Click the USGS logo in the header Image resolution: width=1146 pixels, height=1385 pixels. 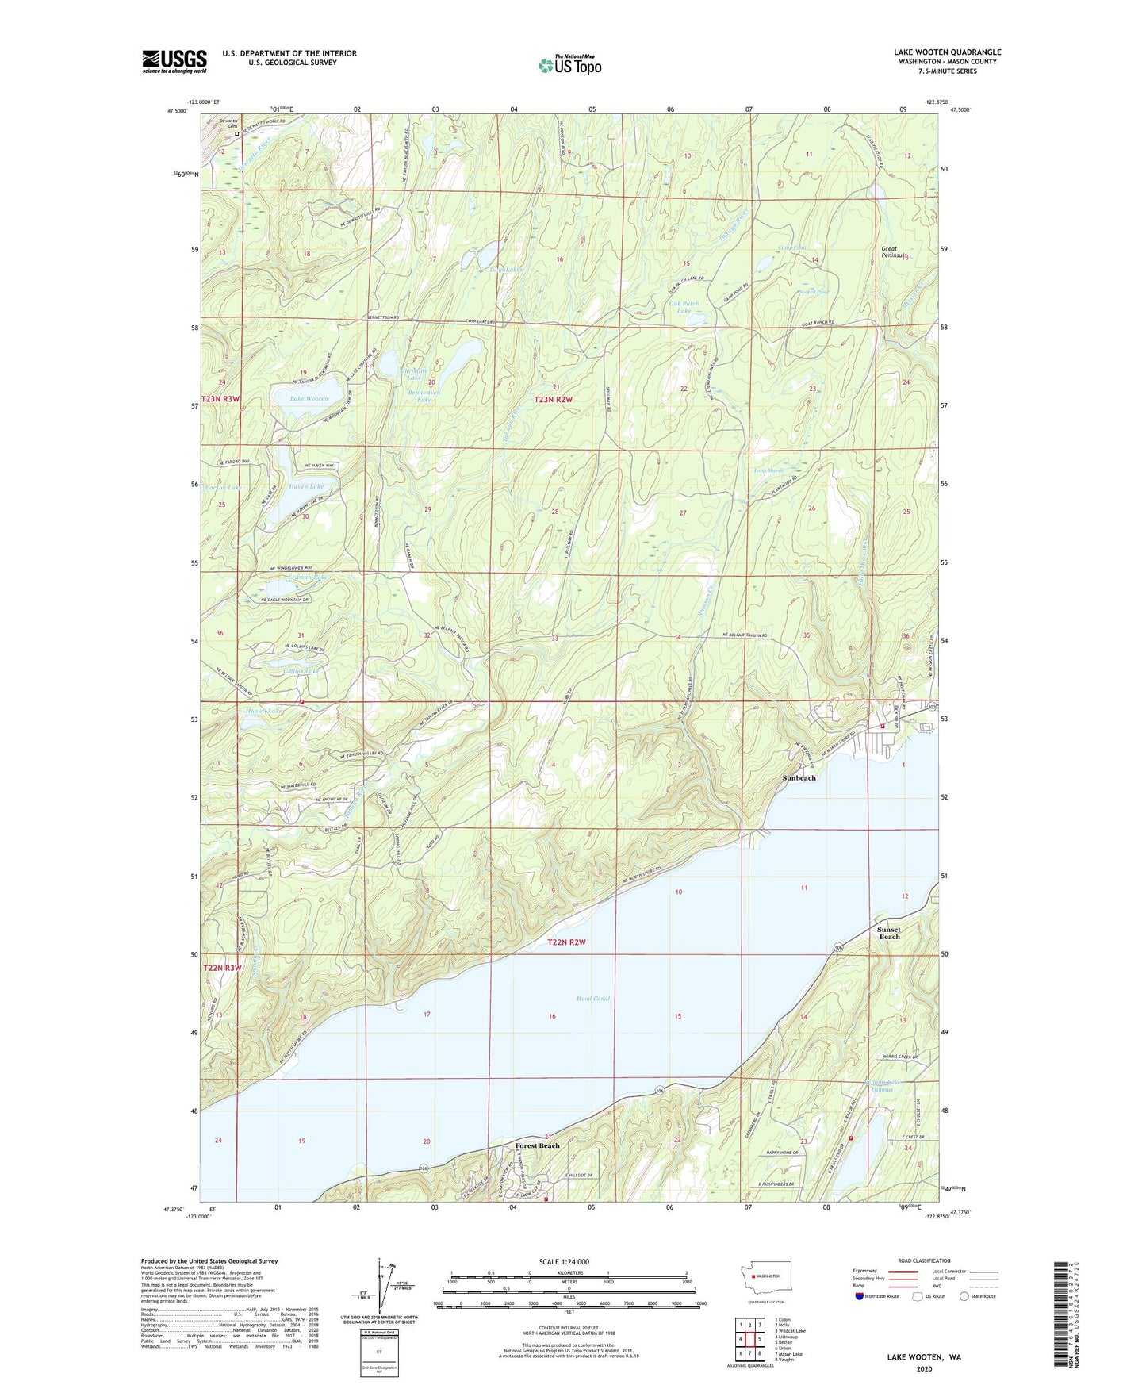click(174, 61)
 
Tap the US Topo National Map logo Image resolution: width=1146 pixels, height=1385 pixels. click(569, 64)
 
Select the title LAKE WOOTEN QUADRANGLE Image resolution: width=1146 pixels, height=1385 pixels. click(947, 52)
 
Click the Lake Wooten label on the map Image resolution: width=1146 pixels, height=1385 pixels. click(309, 398)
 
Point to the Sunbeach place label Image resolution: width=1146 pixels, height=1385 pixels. click(799, 778)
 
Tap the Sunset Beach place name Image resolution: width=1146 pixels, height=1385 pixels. click(888, 933)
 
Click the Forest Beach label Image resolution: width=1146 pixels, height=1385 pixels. click(537, 1145)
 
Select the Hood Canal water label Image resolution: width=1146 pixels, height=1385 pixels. click(592, 998)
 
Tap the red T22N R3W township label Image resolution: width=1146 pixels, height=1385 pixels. click(222, 968)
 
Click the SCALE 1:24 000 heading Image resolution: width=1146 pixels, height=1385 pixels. click(564, 1261)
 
